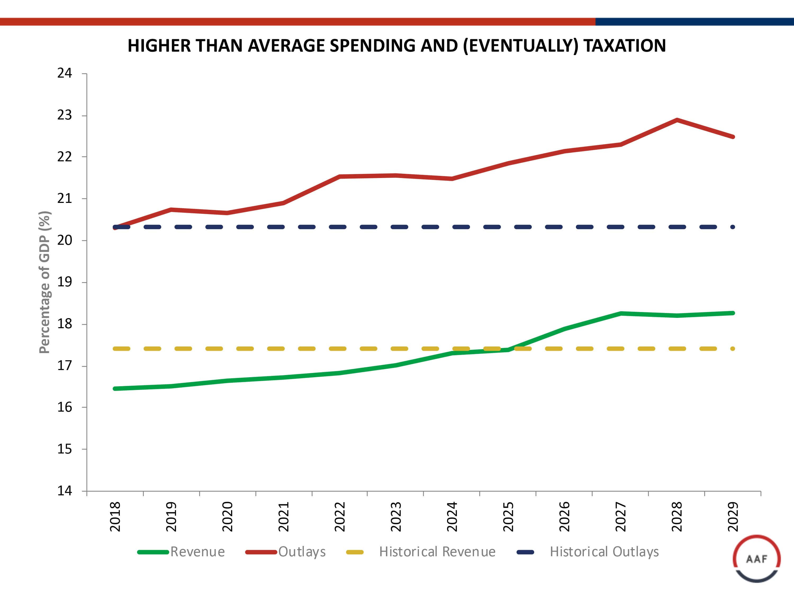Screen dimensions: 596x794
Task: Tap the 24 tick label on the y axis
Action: click(65, 73)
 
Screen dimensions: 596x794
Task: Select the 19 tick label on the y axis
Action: click(65, 282)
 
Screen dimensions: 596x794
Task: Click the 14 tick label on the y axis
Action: click(65, 491)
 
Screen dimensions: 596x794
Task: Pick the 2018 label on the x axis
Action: click(115, 517)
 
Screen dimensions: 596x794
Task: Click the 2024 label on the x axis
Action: click(452, 517)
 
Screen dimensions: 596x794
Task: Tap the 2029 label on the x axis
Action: click(733, 517)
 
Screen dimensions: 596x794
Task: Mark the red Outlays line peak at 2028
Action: click(677, 120)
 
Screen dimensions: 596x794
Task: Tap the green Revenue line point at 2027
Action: click(621, 313)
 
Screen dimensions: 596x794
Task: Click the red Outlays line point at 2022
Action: click(340, 176)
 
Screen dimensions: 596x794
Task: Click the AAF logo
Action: click(756, 559)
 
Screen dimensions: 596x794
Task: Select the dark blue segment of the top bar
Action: click(694, 21)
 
